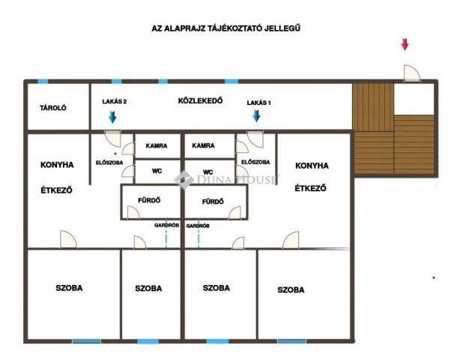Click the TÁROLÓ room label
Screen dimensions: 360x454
coord(53,108)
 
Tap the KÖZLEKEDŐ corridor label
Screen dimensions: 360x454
coord(200,100)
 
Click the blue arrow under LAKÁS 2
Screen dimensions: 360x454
coord(113,116)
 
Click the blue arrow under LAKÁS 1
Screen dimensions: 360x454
coord(256,115)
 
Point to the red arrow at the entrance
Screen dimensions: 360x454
coord(405,44)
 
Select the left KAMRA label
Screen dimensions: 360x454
coord(157,146)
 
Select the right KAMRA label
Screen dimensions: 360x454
coord(203,146)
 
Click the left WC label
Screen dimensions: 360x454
coord(157,171)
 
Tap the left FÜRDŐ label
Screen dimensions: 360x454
coord(150,200)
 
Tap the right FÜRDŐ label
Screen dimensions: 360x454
coord(214,200)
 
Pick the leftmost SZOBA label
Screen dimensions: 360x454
coord(69,288)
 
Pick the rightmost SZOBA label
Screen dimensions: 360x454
coord(291,289)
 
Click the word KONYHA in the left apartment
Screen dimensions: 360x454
coord(57,165)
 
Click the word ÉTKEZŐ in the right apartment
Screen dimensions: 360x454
coord(310,189)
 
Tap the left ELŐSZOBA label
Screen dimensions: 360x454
coord(109,162)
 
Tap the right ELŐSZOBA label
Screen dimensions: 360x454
coord(256,162)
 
